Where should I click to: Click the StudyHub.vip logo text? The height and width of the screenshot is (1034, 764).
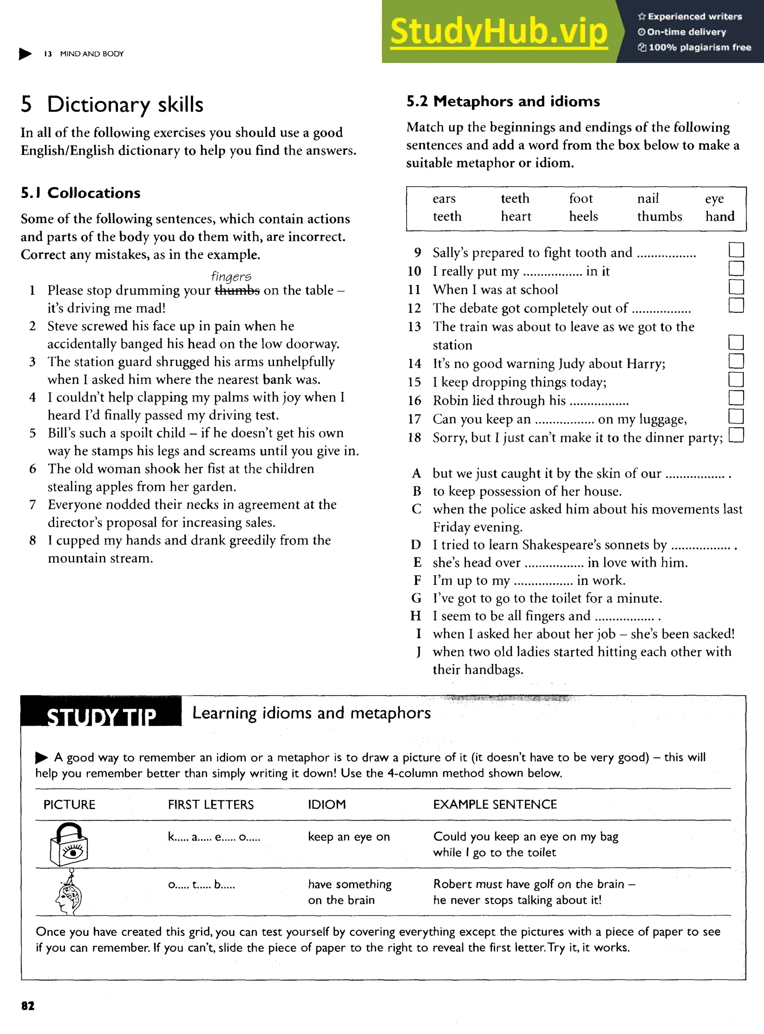point(498,31)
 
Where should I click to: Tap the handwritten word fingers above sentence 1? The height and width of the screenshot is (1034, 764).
point(231,276)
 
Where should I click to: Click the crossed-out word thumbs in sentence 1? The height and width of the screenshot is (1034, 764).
point(237,290)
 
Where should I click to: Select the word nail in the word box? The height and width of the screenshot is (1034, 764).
point(648,199)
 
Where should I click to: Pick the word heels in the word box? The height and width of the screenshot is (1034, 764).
point(583,216)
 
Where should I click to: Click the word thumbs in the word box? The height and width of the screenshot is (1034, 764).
point(659,216)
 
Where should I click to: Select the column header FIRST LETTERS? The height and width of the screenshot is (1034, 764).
point(210,805)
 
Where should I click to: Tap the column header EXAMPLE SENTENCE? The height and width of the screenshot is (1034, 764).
point(494,805)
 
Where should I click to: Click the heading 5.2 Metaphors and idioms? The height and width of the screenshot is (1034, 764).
point(503,101)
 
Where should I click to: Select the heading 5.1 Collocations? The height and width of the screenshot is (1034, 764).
point(81,193)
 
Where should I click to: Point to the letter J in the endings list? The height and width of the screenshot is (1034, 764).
point(418,652)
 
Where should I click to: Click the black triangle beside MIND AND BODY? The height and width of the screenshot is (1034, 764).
point(25,54)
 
